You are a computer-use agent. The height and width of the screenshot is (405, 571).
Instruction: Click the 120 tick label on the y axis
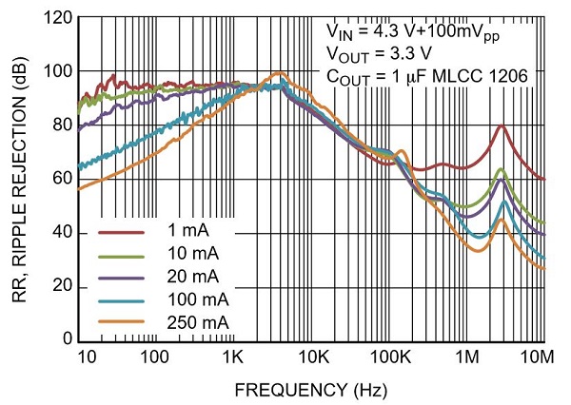tap(58, 19)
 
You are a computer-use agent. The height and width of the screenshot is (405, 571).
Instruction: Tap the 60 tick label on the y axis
tap(62, 179)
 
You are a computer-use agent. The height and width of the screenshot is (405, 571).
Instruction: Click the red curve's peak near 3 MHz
tap(502, 126)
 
